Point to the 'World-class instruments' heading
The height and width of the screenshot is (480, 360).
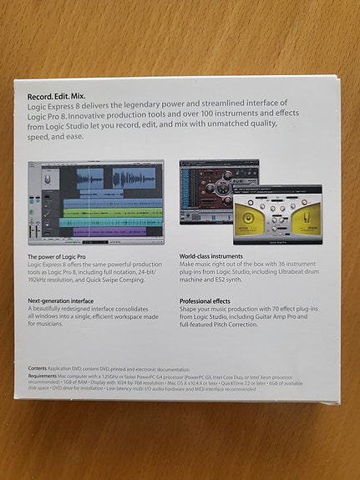coord(211,256)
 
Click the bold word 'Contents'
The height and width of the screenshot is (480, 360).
coord(37,368)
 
